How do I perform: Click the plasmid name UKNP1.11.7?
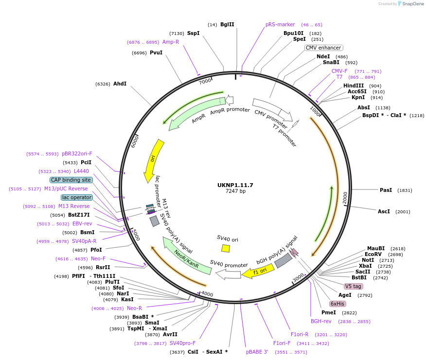coord(235,185)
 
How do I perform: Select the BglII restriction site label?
coord(227,24)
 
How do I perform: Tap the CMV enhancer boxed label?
coord(323,48)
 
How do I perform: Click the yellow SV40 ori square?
coord(226,248)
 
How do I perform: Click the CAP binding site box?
coord(71,180)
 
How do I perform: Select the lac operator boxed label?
coord(76,197)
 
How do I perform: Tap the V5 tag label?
coord(353,286)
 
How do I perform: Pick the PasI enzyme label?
coord(386,190)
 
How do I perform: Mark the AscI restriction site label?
coord(384,211)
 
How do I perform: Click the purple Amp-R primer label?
coord(171,42)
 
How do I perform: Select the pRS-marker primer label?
coord(280,24)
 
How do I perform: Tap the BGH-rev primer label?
coord(321,321)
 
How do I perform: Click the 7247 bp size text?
coord(235,191)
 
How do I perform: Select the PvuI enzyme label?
coord(156,52)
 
